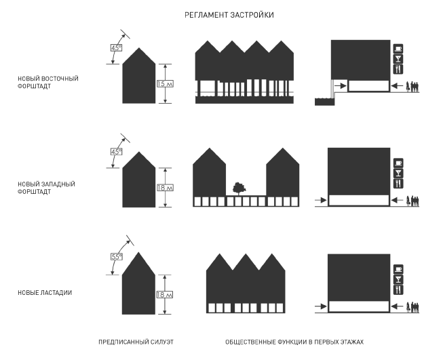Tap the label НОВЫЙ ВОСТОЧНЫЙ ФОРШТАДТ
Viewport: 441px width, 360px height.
48,83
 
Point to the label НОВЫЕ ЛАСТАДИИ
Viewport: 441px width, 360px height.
45,292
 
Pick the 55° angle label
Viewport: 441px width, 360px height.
115,257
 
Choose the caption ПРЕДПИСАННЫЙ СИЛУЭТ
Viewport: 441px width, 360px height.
136,342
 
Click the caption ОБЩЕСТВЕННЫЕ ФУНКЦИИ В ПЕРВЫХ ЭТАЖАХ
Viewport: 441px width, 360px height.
292,342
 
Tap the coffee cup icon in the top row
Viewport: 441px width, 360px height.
398,49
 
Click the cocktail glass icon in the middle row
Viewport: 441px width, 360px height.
398,174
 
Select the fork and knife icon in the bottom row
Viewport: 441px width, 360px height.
398,289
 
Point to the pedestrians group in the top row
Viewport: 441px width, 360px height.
413,85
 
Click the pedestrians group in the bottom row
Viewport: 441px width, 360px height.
413,306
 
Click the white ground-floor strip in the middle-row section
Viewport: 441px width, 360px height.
359,200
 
